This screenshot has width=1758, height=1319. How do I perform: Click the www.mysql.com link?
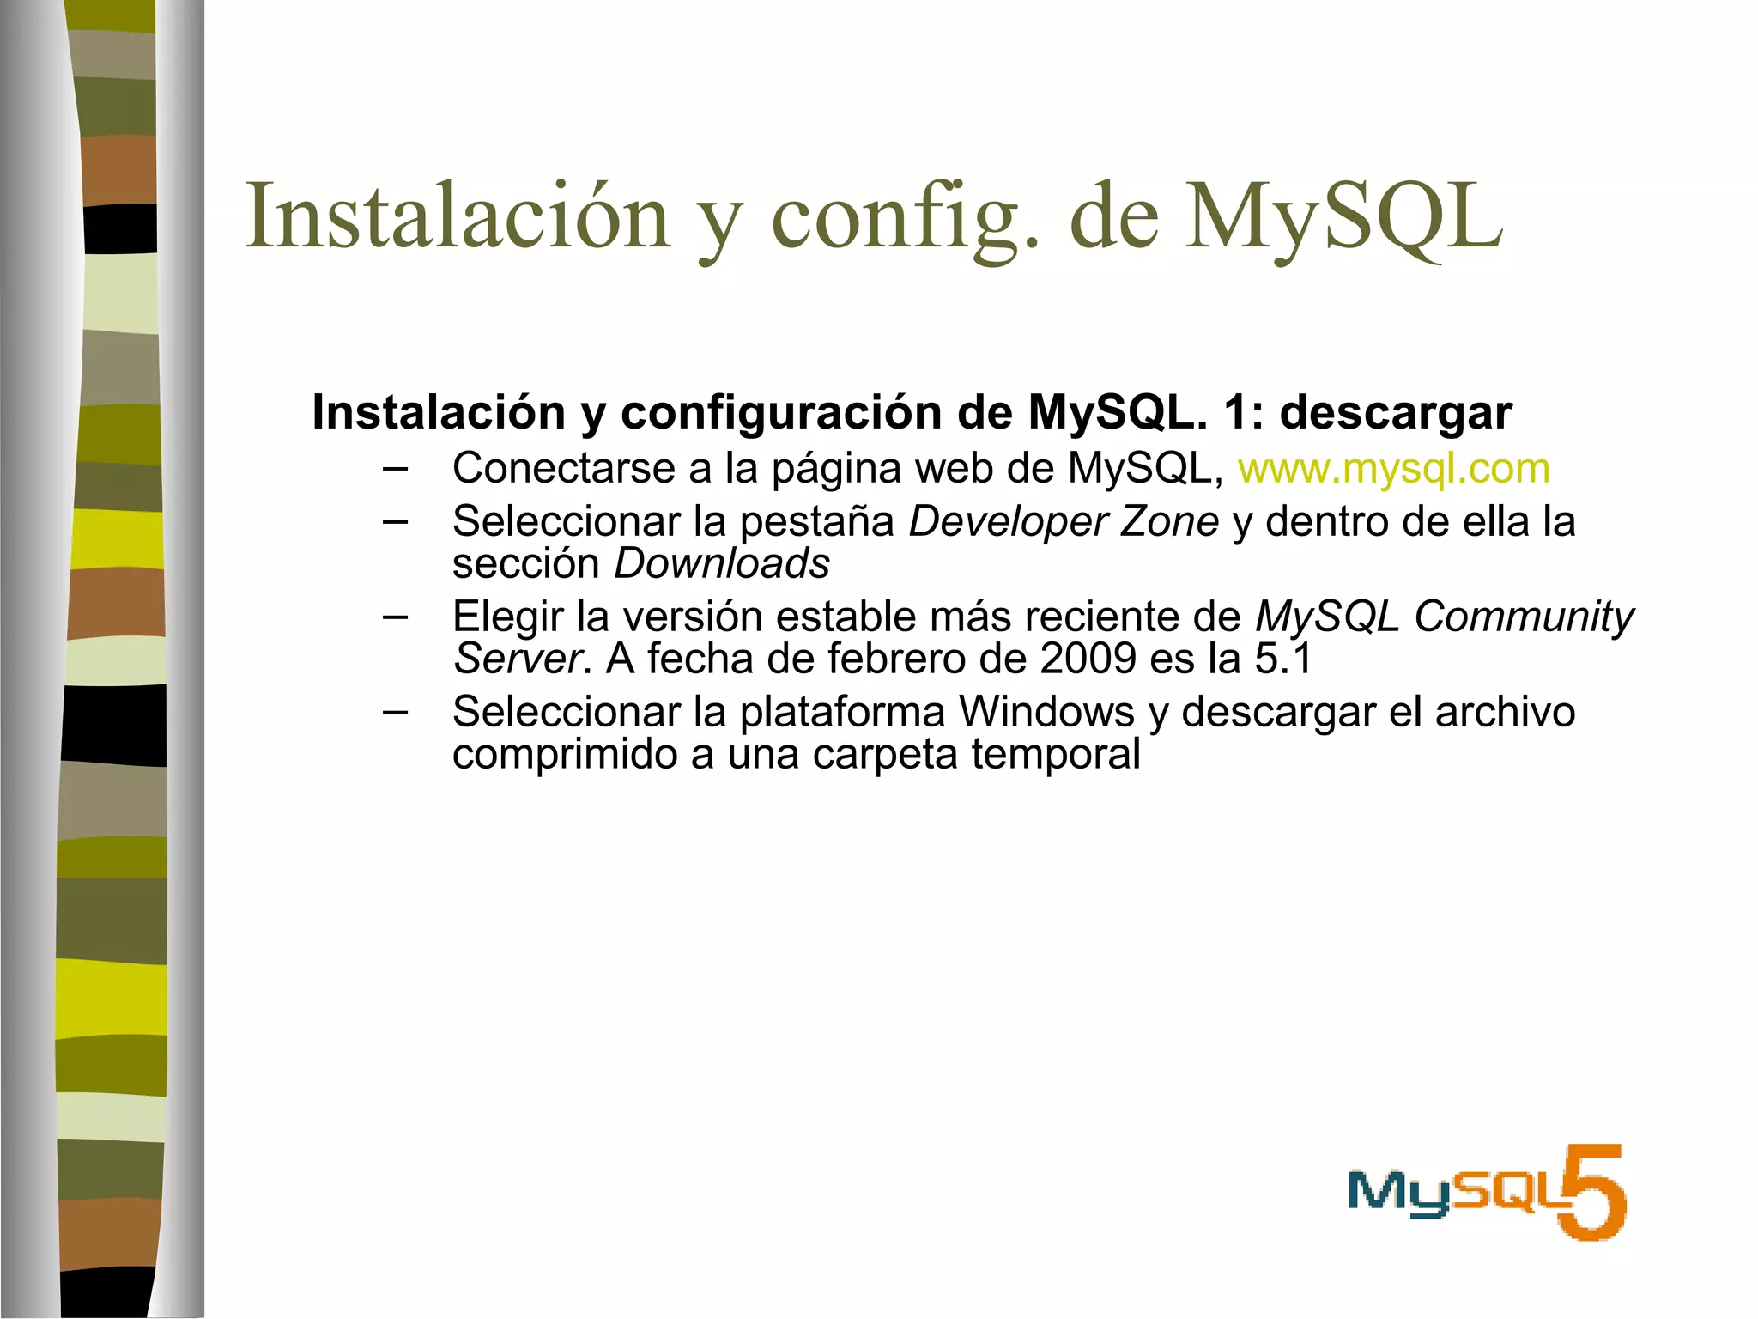coord(1393,469)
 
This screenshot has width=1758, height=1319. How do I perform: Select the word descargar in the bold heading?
coord(1396,413)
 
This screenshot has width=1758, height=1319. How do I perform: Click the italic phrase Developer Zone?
coord(1064,521)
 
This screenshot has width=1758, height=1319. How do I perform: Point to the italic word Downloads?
coord(722,564)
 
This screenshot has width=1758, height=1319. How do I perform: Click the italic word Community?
coord(1524,617)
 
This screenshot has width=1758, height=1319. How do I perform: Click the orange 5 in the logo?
coord(1593,1192)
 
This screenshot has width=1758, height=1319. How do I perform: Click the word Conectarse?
coord(564,469)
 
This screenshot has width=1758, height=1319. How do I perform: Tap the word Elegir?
coord(507,617)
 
